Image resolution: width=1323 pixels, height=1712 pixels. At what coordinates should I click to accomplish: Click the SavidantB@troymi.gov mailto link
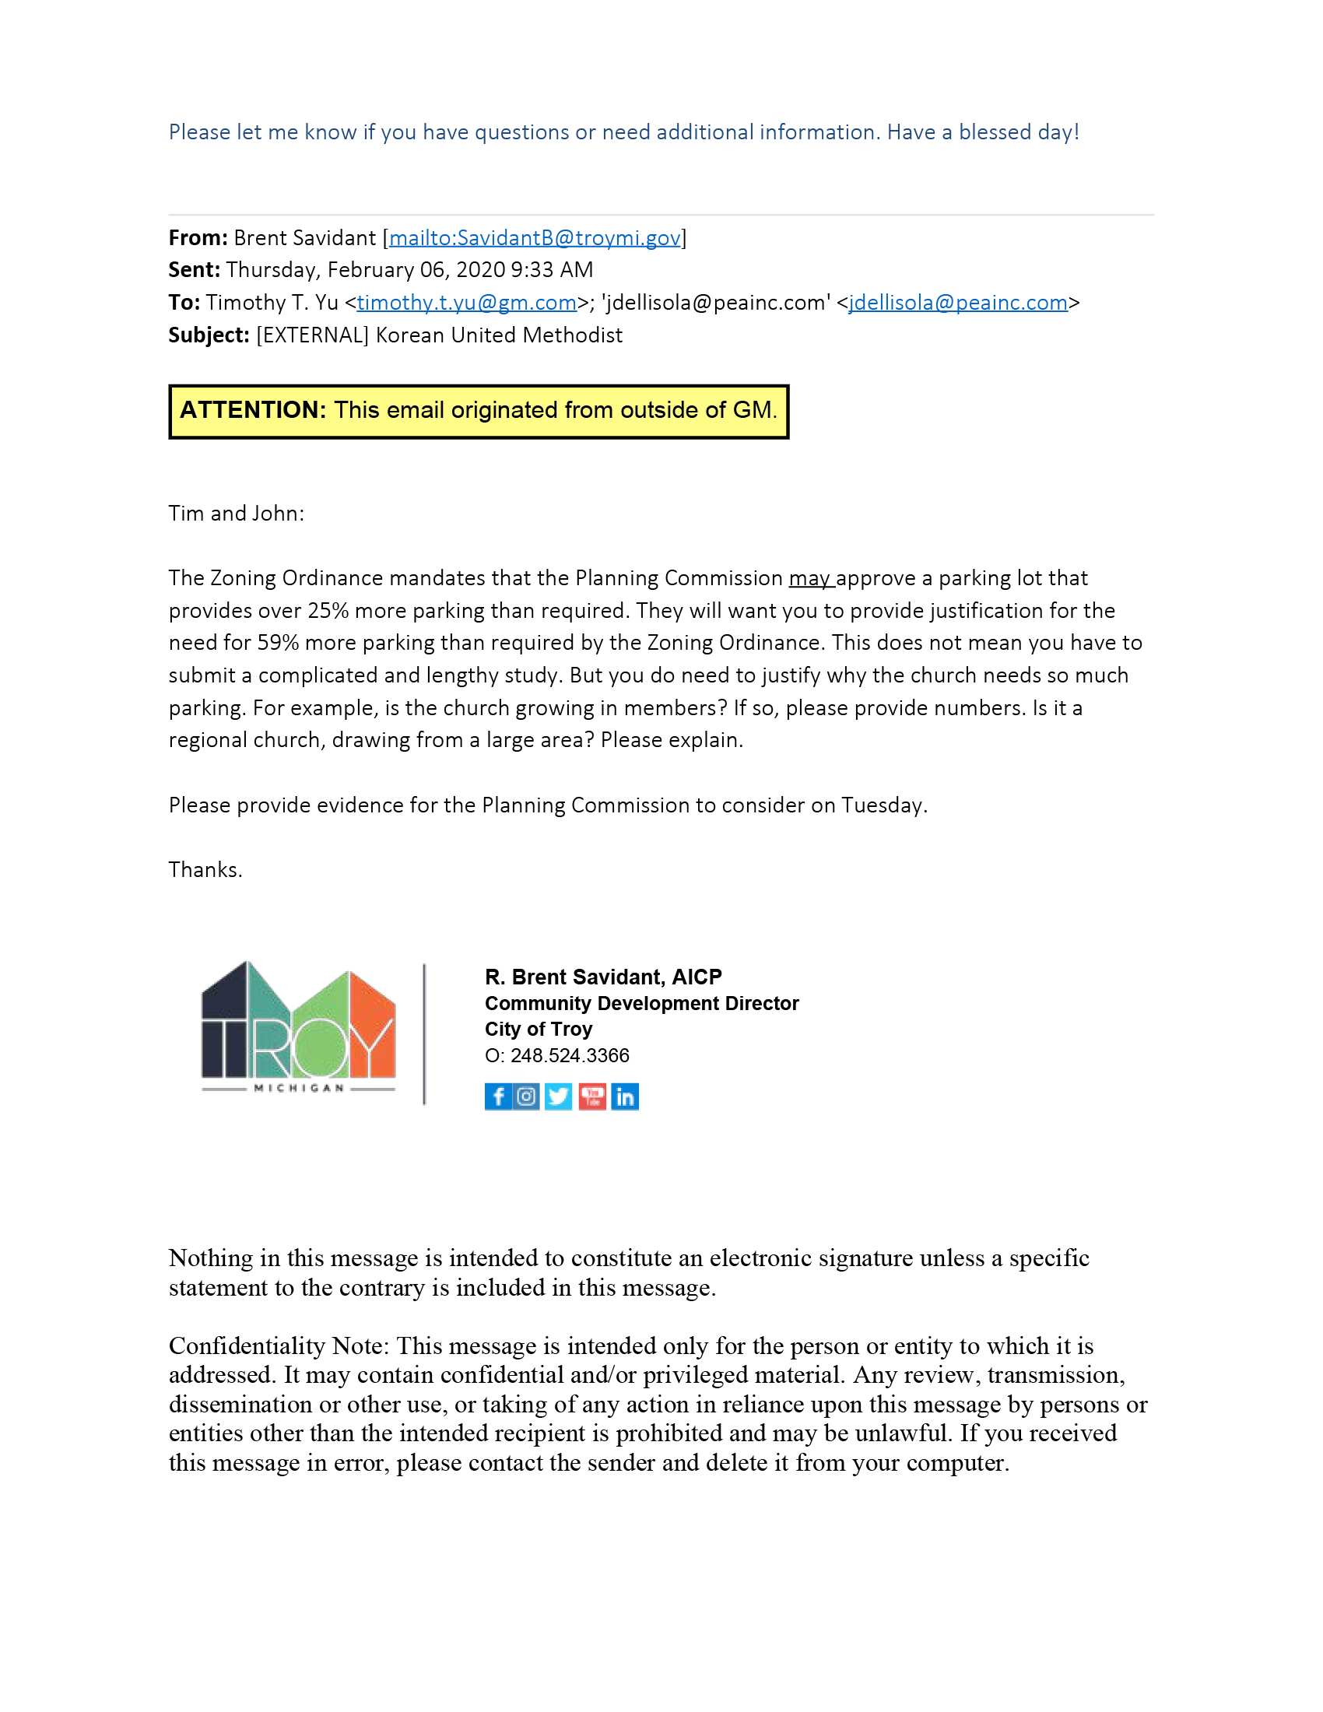tap(535, 237)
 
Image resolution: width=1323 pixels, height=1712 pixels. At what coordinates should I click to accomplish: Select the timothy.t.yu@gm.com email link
tap(467, 303)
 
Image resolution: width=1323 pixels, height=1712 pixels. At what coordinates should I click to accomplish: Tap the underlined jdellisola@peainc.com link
tap(958, 303)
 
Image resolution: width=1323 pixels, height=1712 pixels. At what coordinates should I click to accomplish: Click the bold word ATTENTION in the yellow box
tap(253, 410)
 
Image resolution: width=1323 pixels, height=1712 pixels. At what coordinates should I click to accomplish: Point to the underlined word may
tap(809, 578)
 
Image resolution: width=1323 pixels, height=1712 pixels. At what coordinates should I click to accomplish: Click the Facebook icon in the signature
tap(498, 1096)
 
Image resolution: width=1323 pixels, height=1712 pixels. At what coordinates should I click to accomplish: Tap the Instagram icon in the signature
tap(528, 1096)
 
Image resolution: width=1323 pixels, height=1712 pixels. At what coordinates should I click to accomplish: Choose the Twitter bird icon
tap(559, 1096)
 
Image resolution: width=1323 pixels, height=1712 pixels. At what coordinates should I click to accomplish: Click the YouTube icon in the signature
tap(592, 1096)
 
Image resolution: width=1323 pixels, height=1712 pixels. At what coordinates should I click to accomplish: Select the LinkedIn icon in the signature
tap(625, 1096)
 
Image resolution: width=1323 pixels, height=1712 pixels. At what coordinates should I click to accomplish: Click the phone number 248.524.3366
tap(570, 1055)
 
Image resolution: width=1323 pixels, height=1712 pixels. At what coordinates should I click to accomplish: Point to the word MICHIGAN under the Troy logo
tap(299, 1088)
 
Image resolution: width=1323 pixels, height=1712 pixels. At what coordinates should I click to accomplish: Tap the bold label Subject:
tap(209, 335)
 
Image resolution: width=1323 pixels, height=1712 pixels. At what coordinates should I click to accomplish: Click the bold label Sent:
tap(195, 270)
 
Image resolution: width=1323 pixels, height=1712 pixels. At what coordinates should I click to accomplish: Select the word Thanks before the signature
tap(205, 870)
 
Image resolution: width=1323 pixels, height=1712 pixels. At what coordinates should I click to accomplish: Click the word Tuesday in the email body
tap(882, 806)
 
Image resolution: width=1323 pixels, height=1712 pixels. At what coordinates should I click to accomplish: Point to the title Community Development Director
tap(642, 1003)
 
